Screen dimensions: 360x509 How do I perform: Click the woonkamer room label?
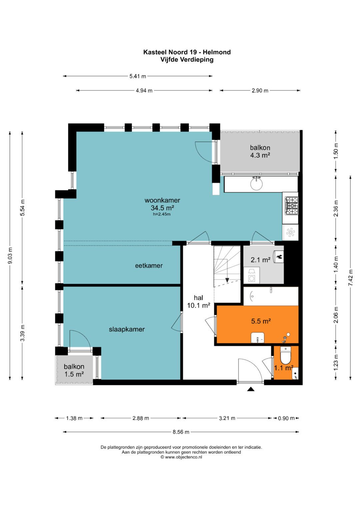point(162,200)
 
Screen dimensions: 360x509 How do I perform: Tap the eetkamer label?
point(149,266)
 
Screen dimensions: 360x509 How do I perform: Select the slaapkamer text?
point(127,329)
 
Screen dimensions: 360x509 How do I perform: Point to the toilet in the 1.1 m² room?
point(286,355)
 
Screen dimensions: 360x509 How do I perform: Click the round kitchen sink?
point(257,184)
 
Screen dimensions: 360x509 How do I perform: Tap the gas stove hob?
point(292,206)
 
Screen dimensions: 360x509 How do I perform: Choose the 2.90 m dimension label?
point(260,91)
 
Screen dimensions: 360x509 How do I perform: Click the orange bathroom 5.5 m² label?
point(261,321)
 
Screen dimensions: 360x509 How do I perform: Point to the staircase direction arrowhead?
point(227,280)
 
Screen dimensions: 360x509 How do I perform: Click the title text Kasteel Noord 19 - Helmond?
point(187,52)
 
